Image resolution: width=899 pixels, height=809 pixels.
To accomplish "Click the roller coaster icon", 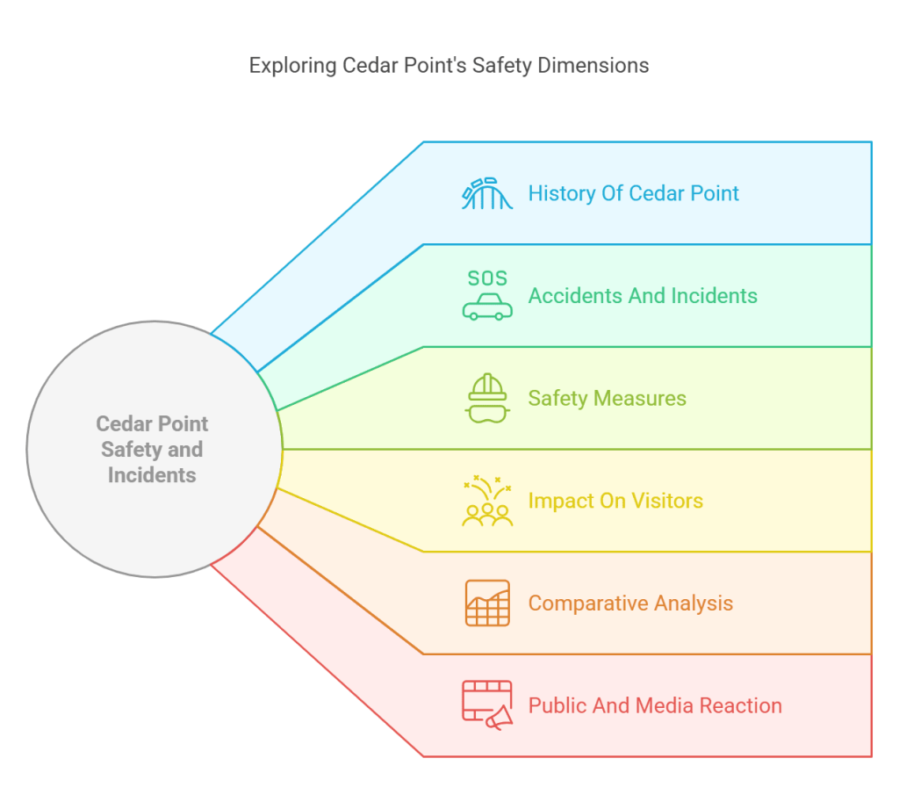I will tap(487, 194).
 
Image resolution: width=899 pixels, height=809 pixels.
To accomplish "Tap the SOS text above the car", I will tap(487, 278).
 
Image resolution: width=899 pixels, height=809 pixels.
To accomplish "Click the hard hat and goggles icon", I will tap(487, 399).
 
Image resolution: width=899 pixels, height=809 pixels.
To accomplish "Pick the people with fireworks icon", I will tap(487, 502).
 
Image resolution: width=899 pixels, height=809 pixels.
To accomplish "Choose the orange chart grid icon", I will tap(487, 603).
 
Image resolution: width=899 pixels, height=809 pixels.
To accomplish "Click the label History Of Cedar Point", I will tap(633, 193).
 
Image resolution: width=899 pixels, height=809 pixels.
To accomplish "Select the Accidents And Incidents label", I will tap(642, 296).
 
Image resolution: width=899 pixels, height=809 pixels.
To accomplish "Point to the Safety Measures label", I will tap(607, 399).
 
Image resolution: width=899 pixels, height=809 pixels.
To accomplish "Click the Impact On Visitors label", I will tap(615, 502).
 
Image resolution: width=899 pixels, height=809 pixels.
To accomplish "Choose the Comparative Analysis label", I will tap(630, 603).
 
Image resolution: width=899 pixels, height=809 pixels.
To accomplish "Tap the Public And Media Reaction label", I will tap(655, 705).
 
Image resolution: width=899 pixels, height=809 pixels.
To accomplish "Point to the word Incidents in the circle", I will tap(152, 475).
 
